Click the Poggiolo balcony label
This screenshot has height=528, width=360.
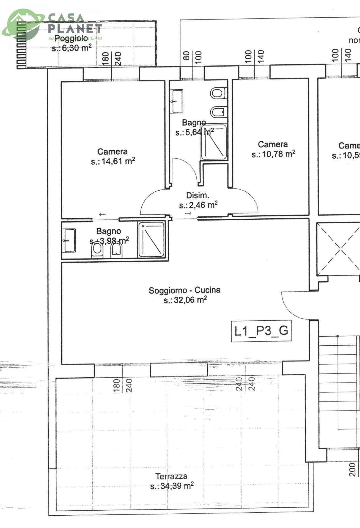71,38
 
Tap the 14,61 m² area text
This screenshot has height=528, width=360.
113,161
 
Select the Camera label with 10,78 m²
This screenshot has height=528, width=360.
273,144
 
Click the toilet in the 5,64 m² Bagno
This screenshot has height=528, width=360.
218,93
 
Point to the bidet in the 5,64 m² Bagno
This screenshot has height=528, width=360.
218,112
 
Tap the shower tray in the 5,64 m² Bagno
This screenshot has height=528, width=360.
214,142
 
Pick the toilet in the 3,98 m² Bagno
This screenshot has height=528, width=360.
97,250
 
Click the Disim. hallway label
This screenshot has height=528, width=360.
197,196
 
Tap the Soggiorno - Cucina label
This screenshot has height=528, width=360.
185,290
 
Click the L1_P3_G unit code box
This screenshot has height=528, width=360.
261,331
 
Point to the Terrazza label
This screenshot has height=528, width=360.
171,476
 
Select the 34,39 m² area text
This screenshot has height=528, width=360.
172,486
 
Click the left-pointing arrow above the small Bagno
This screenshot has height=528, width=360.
102,215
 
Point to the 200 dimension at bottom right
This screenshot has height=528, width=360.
353,469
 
